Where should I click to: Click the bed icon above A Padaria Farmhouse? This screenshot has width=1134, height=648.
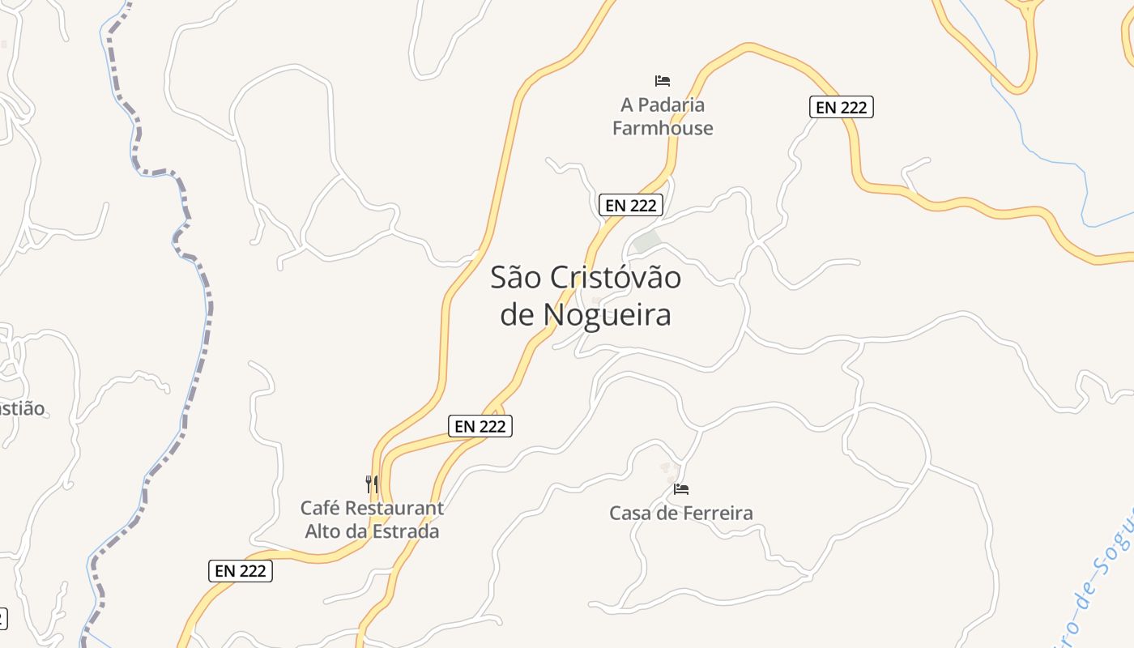pyautogui.click(x=663, y=81)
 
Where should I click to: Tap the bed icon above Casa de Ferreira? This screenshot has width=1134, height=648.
pyautogui.click(x=681, y=489)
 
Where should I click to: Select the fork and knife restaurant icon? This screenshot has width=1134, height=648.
pyautogui.click(x=372, y=484)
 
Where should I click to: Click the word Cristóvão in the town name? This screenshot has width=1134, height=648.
pyautogui.click(x=616, y=278)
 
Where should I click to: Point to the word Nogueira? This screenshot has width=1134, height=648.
pyautogui.click(x=607, y=314)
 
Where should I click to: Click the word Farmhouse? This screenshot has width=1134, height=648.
pyautogui.click(x=663, y=128)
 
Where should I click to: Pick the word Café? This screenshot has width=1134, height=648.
pyautogui.click(x=319, y=509)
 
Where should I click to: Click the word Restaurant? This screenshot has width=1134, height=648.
pyautogui.click(x=394, y=509)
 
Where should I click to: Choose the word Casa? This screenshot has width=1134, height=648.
pyautogui.click(x=629, y=513)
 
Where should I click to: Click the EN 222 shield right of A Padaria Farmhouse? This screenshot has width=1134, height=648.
pyautogui.click(x=842, y=107)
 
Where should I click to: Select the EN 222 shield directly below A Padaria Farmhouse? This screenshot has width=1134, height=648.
pyautogui.click(x=631, y=206)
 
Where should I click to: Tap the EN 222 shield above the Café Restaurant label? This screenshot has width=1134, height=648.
pyautogui.click(x=480, y=426)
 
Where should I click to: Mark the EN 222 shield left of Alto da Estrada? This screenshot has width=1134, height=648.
pyautogui.click(x=241, y=571)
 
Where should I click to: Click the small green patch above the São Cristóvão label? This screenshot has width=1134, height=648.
pyautogui.click(x=646, y=241)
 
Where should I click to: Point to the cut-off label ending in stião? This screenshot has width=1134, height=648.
pyautogui.click(x=22, y=408)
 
